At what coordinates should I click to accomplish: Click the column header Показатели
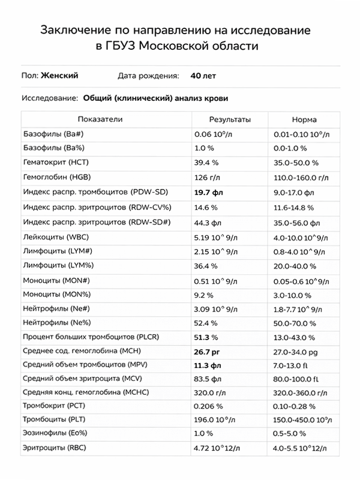[x=104, y=119]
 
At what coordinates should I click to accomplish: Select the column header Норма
[x=304, y=119]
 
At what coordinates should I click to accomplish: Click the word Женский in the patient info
[x=59, y=76]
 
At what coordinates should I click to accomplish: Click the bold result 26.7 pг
[x=208, y=351]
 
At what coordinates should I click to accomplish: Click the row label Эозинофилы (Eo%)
[x=58, y=433]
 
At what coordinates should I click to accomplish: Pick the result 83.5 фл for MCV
[x=208, y=378]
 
